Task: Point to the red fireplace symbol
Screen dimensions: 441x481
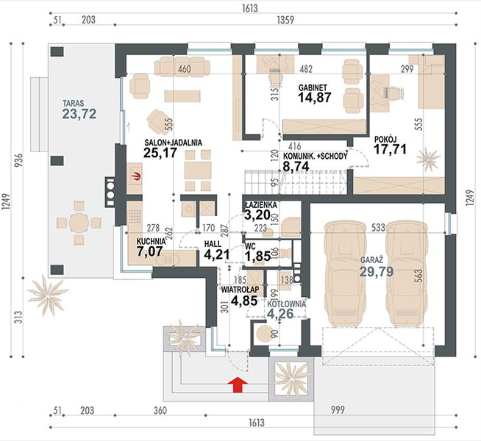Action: point(135,175)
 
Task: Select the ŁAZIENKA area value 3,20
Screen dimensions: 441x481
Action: point(258,215)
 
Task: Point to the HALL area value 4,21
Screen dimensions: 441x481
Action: point(218,255)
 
